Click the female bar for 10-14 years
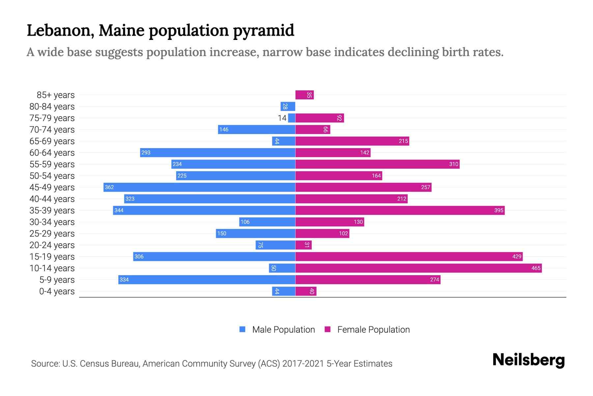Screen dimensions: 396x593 [x=418, y=268]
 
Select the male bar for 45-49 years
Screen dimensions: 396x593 [x=199, y=187]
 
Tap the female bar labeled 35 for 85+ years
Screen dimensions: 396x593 [x=304, y=95]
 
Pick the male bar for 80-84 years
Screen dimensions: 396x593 [x=288, y=107]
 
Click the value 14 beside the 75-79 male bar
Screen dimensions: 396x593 [x=282, y=118]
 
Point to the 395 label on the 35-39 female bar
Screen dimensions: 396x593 [x=498, y=211]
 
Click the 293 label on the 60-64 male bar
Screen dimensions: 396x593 [x=146, y=153]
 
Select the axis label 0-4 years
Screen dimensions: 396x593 [x=57, y=291]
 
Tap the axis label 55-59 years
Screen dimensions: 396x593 [x=52, y=164]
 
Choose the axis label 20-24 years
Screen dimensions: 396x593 [x=52, y=245]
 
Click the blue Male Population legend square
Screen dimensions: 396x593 [x=242, y=329]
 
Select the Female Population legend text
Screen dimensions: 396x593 [x=373, y=330]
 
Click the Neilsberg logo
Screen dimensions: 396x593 [x=528, y=360]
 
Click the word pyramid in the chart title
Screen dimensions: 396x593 [x=264, y=31]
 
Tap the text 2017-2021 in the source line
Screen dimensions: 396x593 [x=303, y=364]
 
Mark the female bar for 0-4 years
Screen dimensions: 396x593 [x=306, y=291]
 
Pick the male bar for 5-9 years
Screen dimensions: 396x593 [x=207, y=280]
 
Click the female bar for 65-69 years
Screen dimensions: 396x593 [x=352, y=141]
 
